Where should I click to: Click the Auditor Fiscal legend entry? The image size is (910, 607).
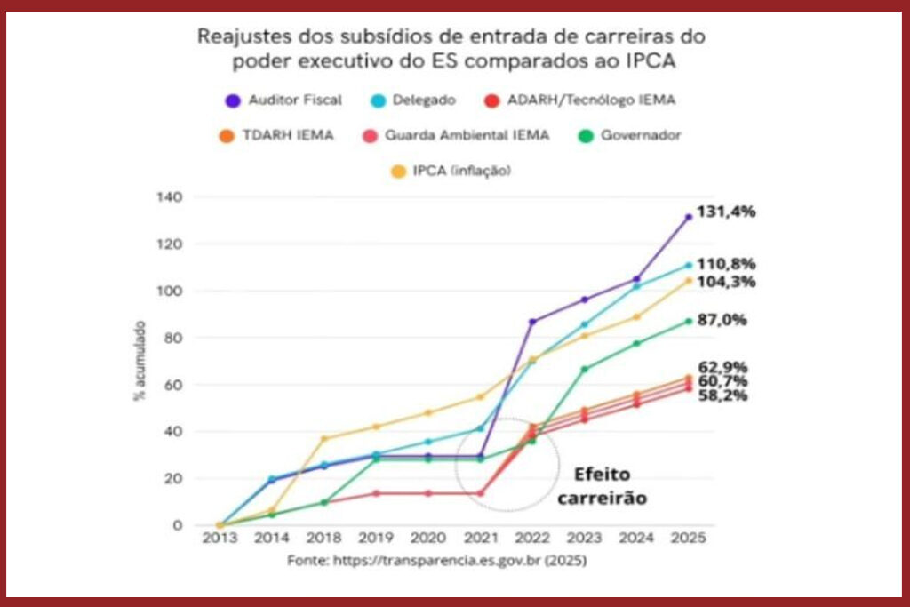tap(283, 100)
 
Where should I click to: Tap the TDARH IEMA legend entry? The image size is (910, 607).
tap(285, 135)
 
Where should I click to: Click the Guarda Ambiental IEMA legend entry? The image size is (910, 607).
tap(457, 135)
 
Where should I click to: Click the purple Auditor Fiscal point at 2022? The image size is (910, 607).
tap(532, 321)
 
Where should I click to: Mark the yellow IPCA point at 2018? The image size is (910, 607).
tap(323, 438)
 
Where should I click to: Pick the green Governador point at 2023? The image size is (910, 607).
tap(585, 369)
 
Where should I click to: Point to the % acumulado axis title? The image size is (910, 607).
tap(140, 360)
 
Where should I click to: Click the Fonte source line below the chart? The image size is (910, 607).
tap(436, 562)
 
